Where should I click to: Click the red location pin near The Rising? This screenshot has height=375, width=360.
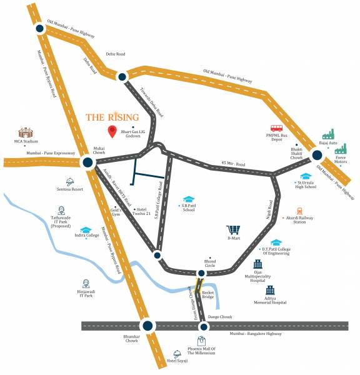point(112,131)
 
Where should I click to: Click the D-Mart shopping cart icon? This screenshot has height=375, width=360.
point(233,230)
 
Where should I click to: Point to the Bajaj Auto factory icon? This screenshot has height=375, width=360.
point(328,134)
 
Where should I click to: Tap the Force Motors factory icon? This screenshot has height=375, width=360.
point(341,149)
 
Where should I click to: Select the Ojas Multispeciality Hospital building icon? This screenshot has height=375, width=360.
point(257,265)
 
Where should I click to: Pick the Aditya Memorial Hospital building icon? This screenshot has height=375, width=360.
point(270,291)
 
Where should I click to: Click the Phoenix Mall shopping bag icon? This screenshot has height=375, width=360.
point(201,341)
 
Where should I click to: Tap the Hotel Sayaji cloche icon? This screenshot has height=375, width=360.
point(177,354)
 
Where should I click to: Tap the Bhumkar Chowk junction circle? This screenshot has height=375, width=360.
point(147,325)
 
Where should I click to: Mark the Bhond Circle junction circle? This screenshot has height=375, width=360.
point(201,273)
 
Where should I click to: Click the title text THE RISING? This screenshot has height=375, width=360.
point(112,117)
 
